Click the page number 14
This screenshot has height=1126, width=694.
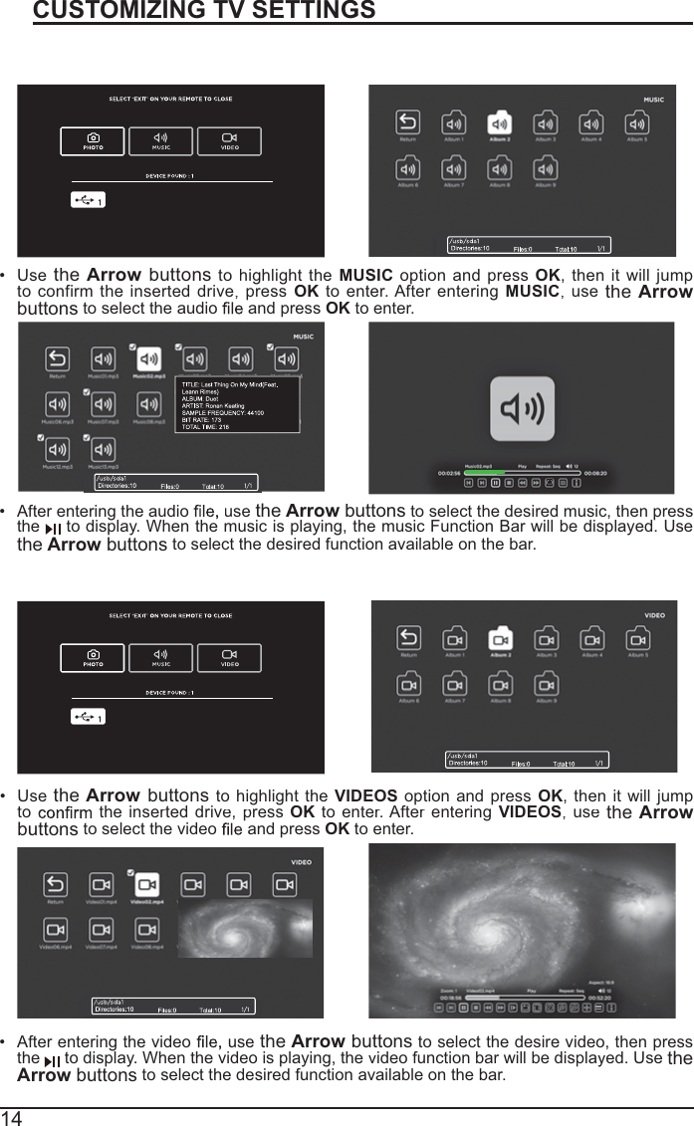click(12, 1116)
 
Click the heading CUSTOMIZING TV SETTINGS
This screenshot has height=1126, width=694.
click(204, 11)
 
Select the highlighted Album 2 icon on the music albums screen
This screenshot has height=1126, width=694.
click(500, 122)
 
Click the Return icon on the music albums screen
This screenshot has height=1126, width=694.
click(408, 122)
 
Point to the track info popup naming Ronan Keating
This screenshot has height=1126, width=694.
click(237, 404)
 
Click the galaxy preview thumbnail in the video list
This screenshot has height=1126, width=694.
click(245, 927)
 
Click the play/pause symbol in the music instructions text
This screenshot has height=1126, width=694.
click(54, 529)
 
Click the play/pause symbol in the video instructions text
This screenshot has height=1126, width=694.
click(53, 1060)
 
